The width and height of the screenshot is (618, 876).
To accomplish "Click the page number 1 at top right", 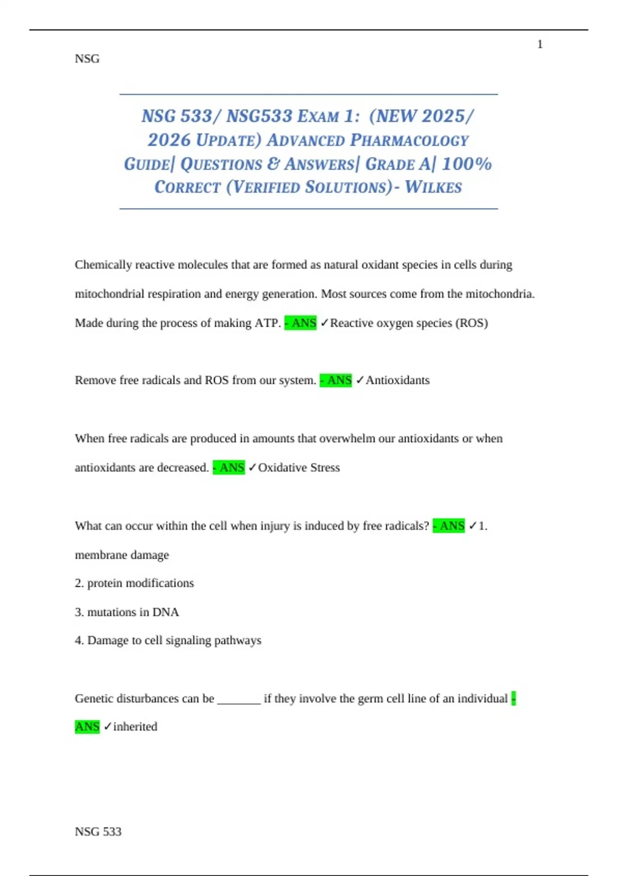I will pyautogui.click(x=540, y=45).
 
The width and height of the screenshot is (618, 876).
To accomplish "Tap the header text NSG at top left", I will pyautogui.click(x=87, y=59).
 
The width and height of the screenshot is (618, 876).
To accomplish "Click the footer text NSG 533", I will pyautogui.click(x=98, y=831).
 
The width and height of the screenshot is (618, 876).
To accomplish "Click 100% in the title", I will pyautogui.click(x=467, y=164).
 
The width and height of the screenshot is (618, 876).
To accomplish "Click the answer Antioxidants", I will pyautogui.click(x=398, y=380).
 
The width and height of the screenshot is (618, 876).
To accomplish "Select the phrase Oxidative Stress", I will pyautogui.click(x=299, y=467).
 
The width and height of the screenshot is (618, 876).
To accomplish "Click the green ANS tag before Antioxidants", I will pyautogui.click(x=336, y=380).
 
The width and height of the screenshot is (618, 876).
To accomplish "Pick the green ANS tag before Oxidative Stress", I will pyautogui.click(x=229, y=467).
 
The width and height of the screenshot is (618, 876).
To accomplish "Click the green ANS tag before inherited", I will pyautogui.click(x=87, y=727).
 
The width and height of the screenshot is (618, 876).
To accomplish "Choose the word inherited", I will pyautogui.click(x=135, y=727).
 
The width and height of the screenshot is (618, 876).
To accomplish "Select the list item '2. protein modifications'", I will pyautogui.click(x=134, y=583).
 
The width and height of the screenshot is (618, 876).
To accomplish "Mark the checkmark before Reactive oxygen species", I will pyautogui.click(x=324, y=323).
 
